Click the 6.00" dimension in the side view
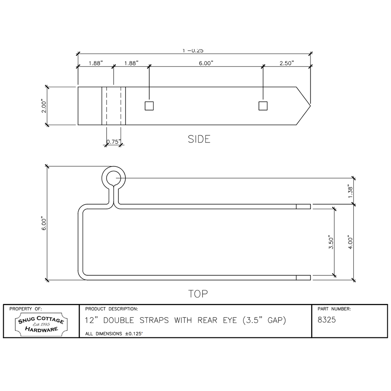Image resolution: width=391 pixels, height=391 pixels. (x=205, y=63)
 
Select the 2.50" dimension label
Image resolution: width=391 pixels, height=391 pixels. (x=287, y=63)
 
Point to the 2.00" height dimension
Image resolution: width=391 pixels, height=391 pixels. (x=43, y=106)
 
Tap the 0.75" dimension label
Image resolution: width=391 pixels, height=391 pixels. (x=113, y=141)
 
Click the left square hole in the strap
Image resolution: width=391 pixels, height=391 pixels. (x=149, y=106)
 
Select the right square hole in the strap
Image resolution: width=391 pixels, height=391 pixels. (x=263, y=106)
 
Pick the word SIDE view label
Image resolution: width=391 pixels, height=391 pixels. (x=199, y=139)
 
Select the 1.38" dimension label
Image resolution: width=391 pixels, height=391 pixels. (x=350, y=191)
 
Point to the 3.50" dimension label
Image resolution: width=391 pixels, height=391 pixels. (x=331, y=242)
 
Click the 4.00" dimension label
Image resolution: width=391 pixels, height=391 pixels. (x=350, y=242)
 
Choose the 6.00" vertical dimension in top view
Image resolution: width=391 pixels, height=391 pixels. (x=43, y=223)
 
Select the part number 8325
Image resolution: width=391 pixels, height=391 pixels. (x=327, y=320)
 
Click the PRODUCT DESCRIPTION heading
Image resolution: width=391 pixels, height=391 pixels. (x=112, y=309)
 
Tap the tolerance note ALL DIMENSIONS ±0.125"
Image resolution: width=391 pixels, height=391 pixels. (x=114, y=334)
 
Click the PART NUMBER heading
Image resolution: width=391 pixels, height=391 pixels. (x=334, y=309)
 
